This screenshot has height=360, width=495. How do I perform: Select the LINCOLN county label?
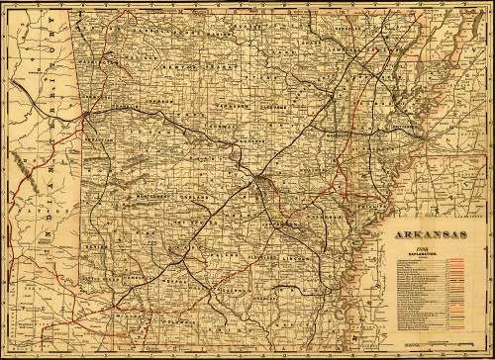click(294, 258)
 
